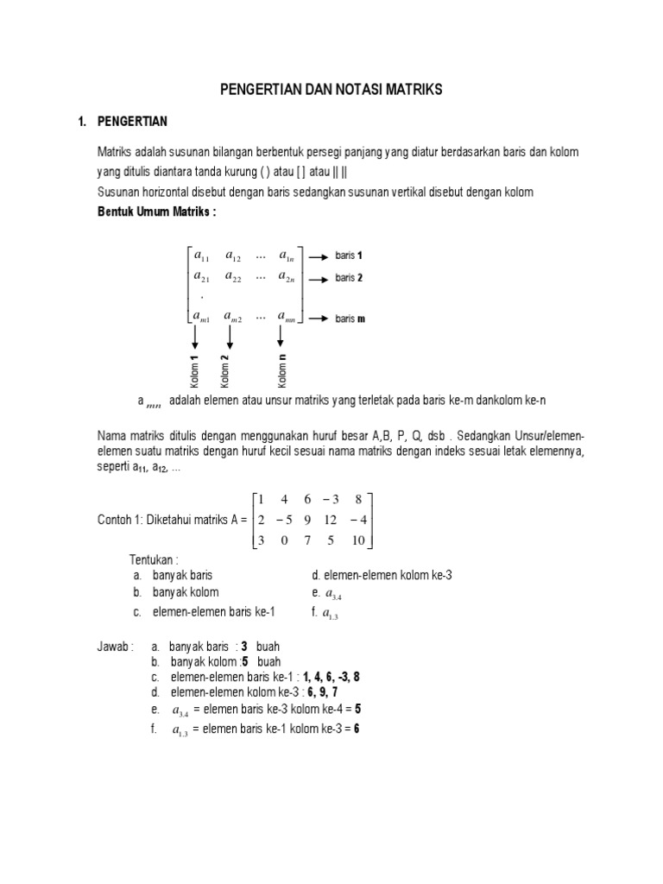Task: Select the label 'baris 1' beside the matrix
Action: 350,256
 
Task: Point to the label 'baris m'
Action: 350,319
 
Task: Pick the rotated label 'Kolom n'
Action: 282,371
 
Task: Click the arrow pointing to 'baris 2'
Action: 315,279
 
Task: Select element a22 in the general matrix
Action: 233,277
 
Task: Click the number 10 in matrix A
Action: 359,541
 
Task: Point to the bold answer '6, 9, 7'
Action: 321,693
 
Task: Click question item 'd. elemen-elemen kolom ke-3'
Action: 381,575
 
